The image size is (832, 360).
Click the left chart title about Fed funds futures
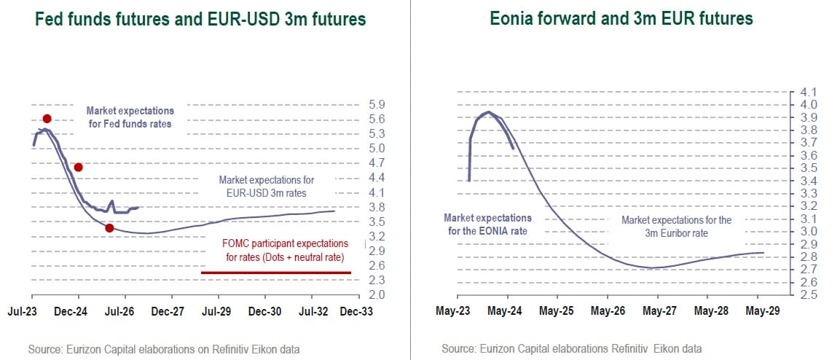coord(198,19)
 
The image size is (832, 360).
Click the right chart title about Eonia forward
coord(621,17)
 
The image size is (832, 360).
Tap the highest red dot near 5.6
coord(47,118)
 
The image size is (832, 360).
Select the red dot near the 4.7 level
coord(79,167)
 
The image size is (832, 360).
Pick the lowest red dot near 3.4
coord(109,228)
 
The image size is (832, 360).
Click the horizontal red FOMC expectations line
coord(275,273)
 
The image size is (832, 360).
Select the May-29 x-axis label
coord(762,311)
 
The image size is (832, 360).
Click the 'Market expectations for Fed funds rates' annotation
coord(130,117)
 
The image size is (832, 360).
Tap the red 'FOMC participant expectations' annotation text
coord(286,250)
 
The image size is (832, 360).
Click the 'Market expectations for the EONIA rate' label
coord(488,224)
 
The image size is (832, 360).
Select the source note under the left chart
coord(164,350)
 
